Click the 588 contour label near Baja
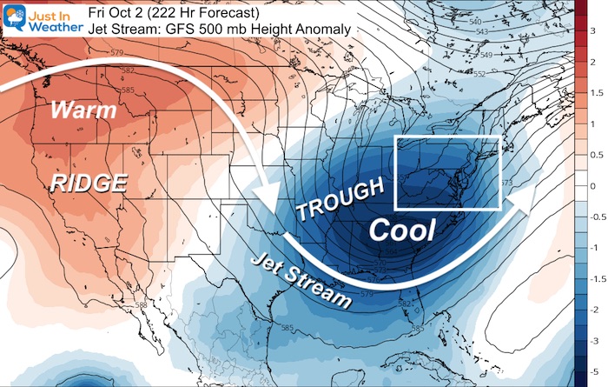(141, 304)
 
